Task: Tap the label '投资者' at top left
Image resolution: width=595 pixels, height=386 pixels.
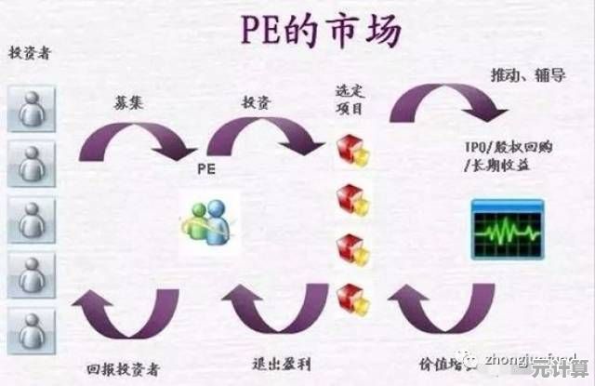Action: coord(30,53)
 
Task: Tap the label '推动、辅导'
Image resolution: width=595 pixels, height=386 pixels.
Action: coord(526,74)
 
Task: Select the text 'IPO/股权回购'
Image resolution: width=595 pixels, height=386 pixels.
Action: coord(508,148)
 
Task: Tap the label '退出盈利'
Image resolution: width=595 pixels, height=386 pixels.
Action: coord(281,363)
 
